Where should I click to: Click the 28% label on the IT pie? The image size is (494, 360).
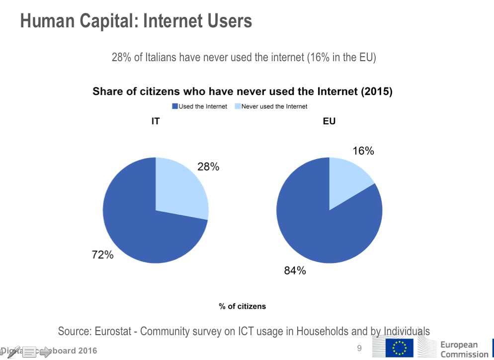click(208, 167)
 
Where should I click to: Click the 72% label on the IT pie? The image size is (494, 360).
click(102, 255)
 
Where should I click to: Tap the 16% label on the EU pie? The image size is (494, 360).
click(363, 151)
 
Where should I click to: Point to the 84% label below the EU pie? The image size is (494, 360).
click(295, 270)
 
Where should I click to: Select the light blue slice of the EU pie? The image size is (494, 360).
click(348, 179)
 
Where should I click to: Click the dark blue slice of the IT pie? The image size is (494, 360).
click(139, 224)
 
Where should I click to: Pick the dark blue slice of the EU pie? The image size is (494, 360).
click(323, 229)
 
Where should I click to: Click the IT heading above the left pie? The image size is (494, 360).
click(156, 121)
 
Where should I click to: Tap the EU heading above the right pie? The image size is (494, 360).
click(329, 121)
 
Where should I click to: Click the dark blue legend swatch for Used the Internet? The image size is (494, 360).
click(175, 106)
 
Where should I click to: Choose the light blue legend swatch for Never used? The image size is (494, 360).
click(238, 106)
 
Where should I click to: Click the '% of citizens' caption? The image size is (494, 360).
click(243, 306)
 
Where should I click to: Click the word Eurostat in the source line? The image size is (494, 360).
click(116, 331)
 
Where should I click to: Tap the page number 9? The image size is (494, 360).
click(359, 348)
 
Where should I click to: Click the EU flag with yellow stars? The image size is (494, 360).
click(399, 348)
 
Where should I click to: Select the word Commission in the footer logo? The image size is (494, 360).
click(464, 354)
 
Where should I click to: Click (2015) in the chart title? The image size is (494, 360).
click(376, 91)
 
